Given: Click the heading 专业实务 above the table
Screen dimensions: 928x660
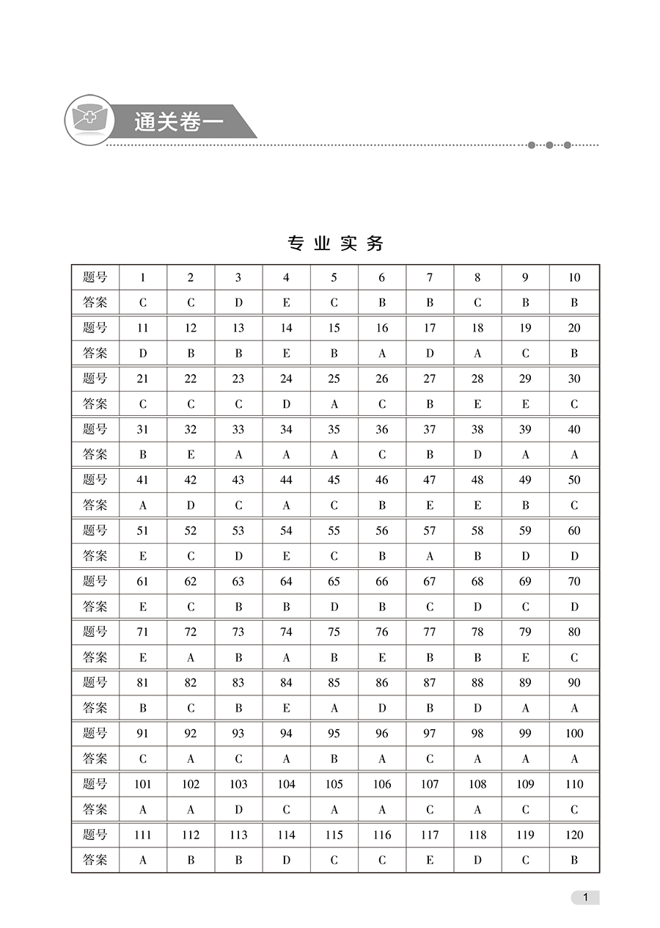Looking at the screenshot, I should tap(335, 244).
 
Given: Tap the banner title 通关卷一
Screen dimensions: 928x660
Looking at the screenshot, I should tap(178, 122).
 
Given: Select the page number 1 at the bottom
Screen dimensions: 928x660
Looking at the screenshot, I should tap(585, 897).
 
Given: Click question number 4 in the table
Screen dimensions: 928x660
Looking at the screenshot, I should tap(286, 277).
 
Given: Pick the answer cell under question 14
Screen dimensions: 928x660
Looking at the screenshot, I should tap(286, 353).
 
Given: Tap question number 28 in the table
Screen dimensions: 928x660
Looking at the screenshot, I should tap(477, 379).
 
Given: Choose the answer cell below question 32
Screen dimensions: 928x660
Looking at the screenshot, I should tap(191, 455).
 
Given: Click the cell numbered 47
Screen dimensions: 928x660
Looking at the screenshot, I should tap(430, 480).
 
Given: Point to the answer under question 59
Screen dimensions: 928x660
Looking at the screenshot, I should tap(525, 556).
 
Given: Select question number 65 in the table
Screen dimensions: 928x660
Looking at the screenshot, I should tap(334, 581).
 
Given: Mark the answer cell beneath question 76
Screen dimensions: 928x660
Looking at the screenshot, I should tap(382, 657).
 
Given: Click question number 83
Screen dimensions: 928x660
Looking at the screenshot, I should tap(238, 682).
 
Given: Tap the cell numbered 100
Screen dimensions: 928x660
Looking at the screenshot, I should tap(574, 733).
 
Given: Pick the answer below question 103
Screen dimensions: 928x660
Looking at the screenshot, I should tap(238, 809).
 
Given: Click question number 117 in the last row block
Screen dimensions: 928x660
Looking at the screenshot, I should tap(430, 835).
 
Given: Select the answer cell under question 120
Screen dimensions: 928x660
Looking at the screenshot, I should tap(574, 860).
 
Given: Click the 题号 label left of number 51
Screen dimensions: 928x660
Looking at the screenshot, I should tap(95, 530).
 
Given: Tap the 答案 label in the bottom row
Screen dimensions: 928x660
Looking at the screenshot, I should tap(95, 860).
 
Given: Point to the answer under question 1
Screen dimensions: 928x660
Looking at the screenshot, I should tap(143, 302).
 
